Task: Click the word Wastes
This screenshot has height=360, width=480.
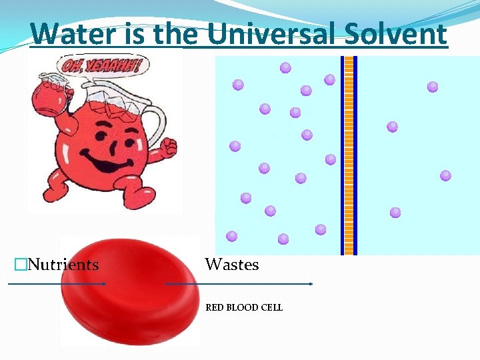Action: (x=231, y=265)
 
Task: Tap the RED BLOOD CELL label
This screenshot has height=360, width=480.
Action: (x=244, y=307)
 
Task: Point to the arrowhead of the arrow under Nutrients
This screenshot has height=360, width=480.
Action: (x=103, y=284)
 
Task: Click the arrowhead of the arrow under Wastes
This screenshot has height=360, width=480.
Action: (x=311, y=284)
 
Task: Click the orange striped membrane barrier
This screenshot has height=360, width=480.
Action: (x=349, y=155)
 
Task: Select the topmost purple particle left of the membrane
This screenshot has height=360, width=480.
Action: (x=285, y=67)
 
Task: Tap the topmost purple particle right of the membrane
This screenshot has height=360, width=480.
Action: (x=433, y=86)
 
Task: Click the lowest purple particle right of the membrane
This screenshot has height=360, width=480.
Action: (x=395, y=213)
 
